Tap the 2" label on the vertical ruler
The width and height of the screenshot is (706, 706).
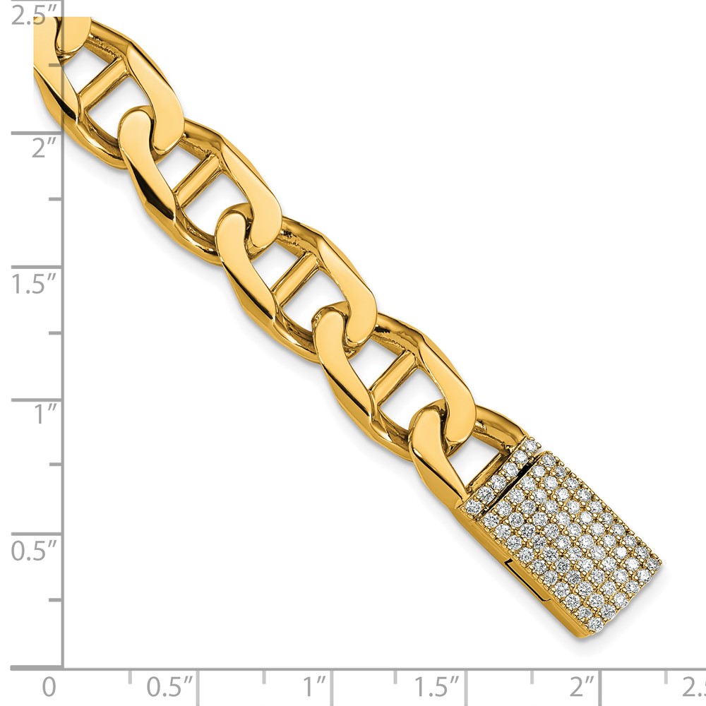pyautogui.click(x=44, y=148)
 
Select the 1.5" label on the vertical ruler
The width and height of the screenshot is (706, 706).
pyautogui.click(x=34, y=283)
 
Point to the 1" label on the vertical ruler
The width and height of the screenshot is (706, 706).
pyautogui.click(x=45, y=414)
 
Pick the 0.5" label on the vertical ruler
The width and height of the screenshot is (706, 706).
pyautogui.click(x=34, y=550)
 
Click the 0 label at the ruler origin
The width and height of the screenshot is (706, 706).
pyautogui.click(x=49, y=687)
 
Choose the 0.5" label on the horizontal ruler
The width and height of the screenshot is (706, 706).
pyautogui.click(x=169, y=687)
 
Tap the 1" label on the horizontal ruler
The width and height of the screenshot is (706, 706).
pyautogui.click(x=314, y=687)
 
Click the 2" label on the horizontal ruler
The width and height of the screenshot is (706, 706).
pyautogui.click(x=582, y=687)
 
